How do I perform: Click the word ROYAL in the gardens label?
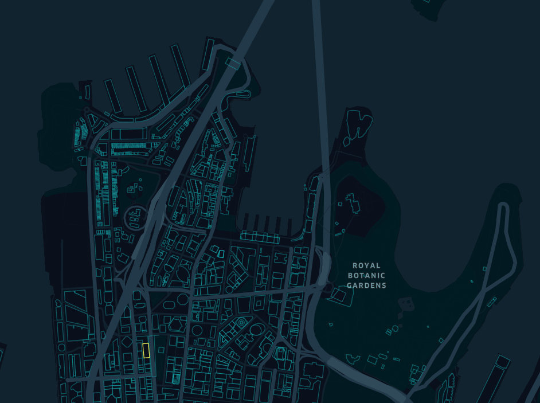pos(366,266)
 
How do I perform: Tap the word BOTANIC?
pos(366,276)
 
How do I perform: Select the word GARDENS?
pos(366,285)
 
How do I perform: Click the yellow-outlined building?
pos(146,350)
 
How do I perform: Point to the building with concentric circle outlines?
pos(241,323)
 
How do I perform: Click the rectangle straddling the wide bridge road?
pos(233,63)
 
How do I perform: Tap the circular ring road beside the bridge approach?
pos(136,217)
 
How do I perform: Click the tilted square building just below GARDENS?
pos(339,295)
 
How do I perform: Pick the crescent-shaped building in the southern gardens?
pos(354,360)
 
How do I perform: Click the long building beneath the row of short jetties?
pos(259,236)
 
